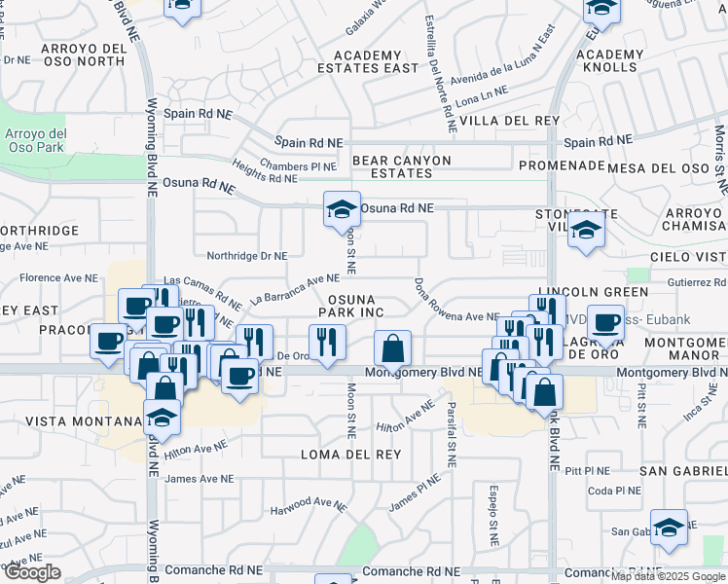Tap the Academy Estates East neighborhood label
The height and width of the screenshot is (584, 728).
pos(367,61)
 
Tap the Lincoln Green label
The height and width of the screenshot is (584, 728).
pos(593,292)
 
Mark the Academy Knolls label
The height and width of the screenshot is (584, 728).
pos(610,61)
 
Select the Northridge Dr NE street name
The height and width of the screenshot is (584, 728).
pos(247,256)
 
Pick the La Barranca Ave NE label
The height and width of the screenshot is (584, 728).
pos(294,289)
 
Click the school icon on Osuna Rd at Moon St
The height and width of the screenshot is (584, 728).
pos(342,209)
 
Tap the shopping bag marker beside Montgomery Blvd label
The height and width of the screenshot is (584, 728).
pos(392,347)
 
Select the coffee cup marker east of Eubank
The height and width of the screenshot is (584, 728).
pos(605,322)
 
